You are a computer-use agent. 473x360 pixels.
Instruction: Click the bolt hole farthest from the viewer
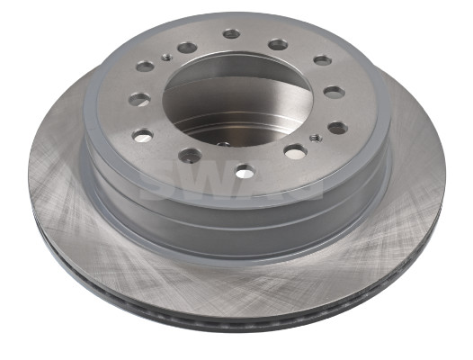click(x=232, y=34)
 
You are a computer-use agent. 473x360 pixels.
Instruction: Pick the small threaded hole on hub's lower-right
click(x=312, y=138)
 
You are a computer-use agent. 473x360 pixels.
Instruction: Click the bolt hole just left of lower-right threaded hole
click(x=294, y=151)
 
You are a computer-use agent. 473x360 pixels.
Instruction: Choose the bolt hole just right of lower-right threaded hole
click(x=336, y=128)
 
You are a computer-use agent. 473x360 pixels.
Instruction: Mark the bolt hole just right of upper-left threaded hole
click(x=187, y=47)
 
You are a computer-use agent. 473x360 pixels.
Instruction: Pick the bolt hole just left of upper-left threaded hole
click(x=145, y=66)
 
